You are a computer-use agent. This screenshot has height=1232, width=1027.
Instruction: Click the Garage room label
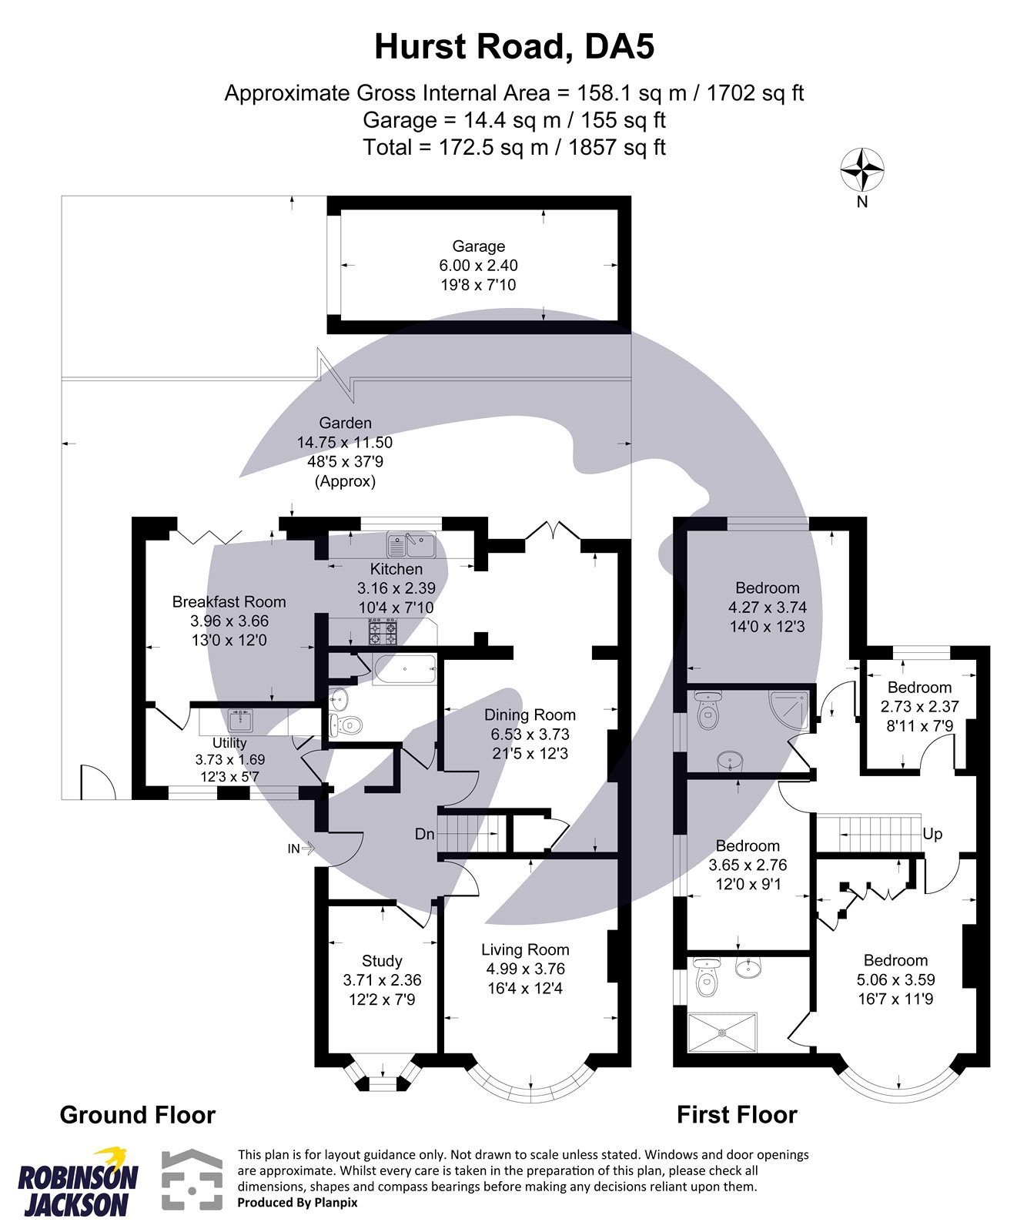click(x=478, y=246)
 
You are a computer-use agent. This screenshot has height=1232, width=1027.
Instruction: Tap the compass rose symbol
click(x=861, y=169)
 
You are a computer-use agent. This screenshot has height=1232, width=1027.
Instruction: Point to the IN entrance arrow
click(x=299, y=849)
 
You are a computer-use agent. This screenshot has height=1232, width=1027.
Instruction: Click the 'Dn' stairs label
click(x=424, y=834)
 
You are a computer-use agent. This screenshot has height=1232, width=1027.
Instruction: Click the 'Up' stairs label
click(x=932, y=834)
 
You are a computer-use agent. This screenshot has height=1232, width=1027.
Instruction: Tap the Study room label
click(x=382, y=961)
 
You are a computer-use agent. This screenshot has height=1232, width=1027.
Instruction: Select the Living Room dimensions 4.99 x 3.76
click(x=525, y=969)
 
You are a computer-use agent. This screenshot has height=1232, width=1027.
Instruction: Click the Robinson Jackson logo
click(x=77, y=1182)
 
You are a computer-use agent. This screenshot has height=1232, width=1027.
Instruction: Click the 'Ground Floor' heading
click(x=138, y=1115)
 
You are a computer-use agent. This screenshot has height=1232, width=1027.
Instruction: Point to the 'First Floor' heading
click(x=737, y=1115)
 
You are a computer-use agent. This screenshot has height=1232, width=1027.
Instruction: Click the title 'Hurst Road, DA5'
click(x=513, y=47)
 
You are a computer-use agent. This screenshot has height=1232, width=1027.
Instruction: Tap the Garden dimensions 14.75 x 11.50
click(x=345, y=443)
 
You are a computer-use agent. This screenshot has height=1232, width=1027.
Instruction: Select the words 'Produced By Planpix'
click(x=297, y=1202)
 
